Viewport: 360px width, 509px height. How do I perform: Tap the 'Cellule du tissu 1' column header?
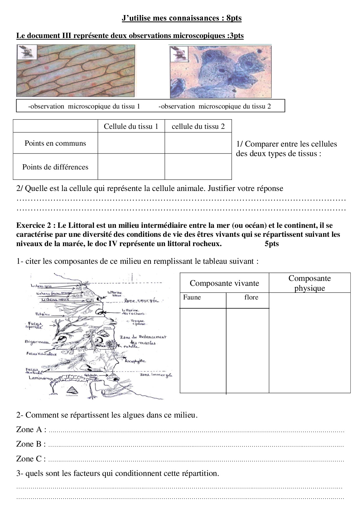pyautogui.click(x=131, y=126)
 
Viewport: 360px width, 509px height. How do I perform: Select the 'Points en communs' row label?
pyautogui.click(x=55, y=143)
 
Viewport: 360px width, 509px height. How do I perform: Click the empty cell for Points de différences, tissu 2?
pyautogui.click(x=198, y=167)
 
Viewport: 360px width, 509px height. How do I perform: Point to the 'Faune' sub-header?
pyautogui.click(x=192, y=297)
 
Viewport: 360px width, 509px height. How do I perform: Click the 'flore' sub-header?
pyautogui.click(x=251, y=297)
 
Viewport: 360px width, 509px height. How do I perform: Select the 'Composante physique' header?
pyautogui.click(x=309, y=283)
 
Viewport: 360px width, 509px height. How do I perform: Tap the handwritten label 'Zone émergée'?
pyautogui.click(x=141, y=301)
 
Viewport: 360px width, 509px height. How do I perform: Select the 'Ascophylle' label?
pyautogui.click(x=135, y=361)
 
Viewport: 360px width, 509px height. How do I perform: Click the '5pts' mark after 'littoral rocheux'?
pyautogui.click(x=271, y=243)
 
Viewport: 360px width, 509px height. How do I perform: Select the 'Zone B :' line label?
pyautogui.click(x=31, y=444)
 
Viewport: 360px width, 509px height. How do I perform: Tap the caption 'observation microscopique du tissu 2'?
pyautogui.click(x=215, y=106)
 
